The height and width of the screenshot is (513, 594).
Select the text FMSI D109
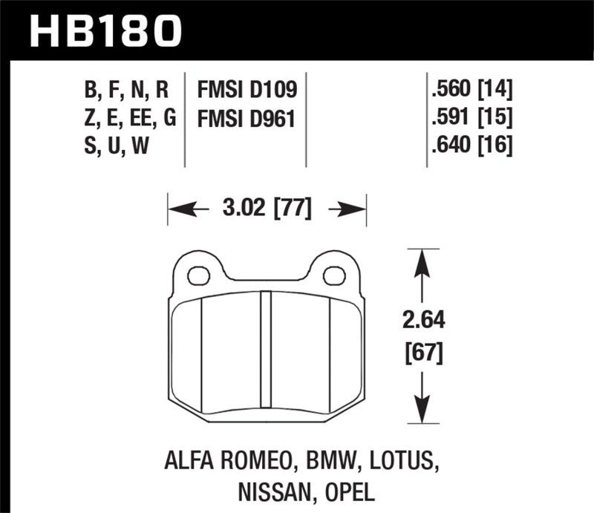pyautogui.click(x=247, y=91)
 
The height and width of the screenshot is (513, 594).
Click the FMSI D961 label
pyautogui.click(x=247, y=119)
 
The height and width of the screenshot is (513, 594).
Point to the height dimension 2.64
pyautogui.click(x=423, y=321)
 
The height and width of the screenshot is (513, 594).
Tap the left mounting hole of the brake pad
pyautogui.click(x=198, y=276)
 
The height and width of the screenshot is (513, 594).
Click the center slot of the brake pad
pyautogui.click(x=267, y=349)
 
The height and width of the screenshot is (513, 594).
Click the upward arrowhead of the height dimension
pyautogui.click(x=422, y=259)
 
